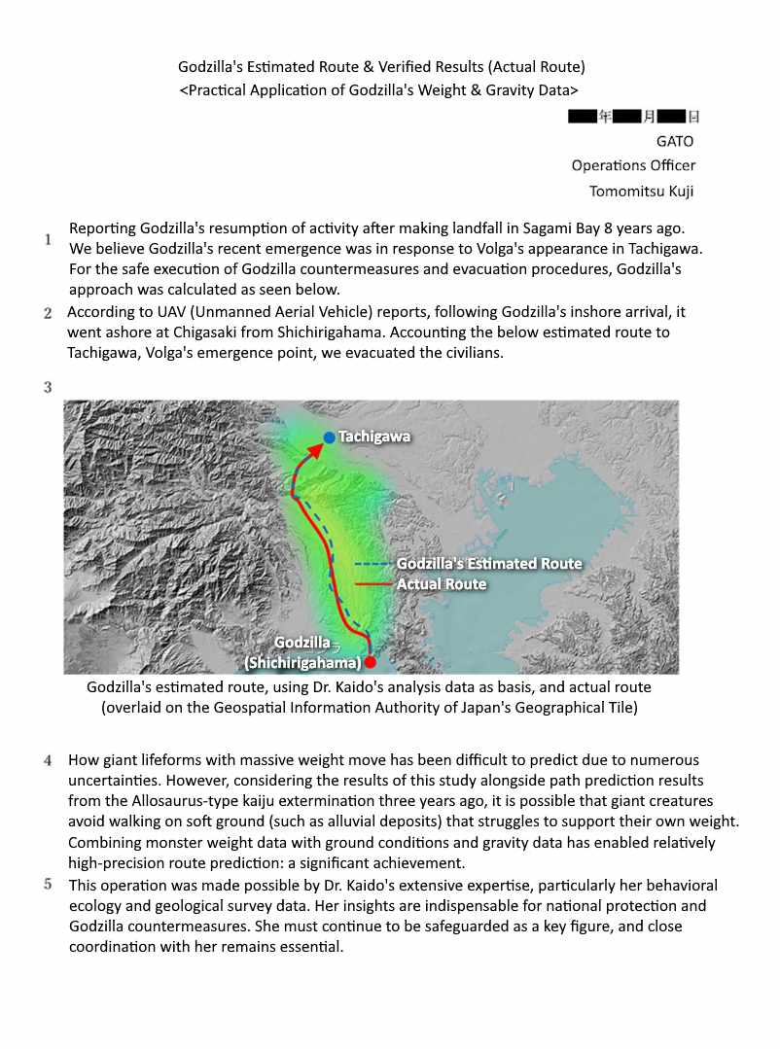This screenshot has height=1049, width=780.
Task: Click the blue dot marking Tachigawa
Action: coord(330,437)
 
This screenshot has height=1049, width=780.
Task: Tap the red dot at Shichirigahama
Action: coord(370,662)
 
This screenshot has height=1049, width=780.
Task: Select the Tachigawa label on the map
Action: coord(374,437)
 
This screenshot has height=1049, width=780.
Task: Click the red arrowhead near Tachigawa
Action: coord(317,450)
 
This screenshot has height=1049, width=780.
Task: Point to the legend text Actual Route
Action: coord(442,584)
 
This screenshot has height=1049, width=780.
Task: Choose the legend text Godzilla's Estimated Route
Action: coord(489,564)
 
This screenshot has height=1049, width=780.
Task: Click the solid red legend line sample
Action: coord(372,584)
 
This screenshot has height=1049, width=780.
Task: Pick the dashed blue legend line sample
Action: coord(372,564)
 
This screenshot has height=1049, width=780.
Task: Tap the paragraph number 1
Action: coord(48,239)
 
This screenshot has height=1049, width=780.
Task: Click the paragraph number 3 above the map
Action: coord(48,388)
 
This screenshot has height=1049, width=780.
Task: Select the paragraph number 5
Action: coord(48,884)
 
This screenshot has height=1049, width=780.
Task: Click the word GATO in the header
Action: coord(676,140)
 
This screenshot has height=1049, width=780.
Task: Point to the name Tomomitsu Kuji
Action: coord(642,191)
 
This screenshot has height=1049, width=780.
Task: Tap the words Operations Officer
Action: coord(633,165)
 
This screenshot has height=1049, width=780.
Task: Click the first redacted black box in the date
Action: coord(583,117)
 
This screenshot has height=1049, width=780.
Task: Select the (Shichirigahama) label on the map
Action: coord(302,663)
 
